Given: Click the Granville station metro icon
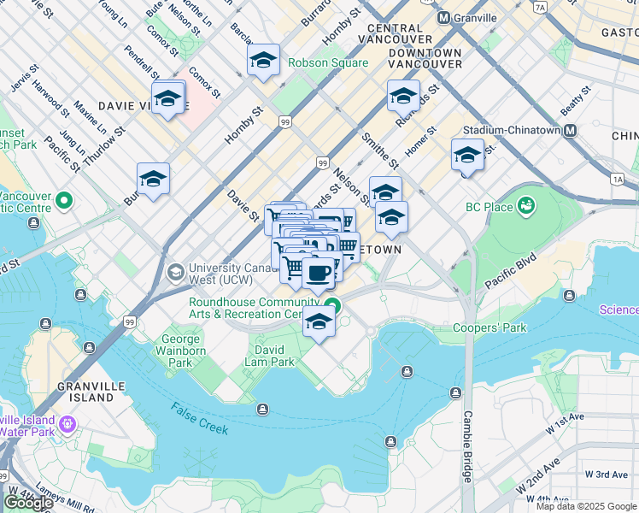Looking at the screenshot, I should (443, 18).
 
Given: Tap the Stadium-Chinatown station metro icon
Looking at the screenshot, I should (569, 131).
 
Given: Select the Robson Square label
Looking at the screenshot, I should (328, 62).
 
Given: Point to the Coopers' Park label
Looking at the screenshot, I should (490, 327).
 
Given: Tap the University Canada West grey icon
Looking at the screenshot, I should (176, 273).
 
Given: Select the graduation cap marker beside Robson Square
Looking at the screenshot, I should (264, 60).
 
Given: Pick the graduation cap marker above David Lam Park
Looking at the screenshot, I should (319, 322).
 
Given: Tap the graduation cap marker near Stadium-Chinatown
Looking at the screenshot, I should (467, 155).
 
